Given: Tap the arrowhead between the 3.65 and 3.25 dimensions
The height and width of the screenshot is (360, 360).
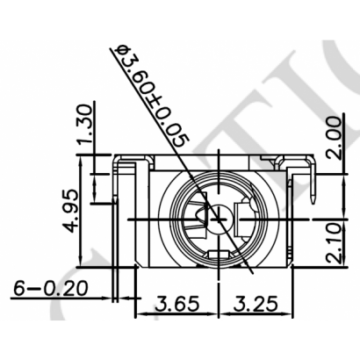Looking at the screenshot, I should [x=216, y=313].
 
